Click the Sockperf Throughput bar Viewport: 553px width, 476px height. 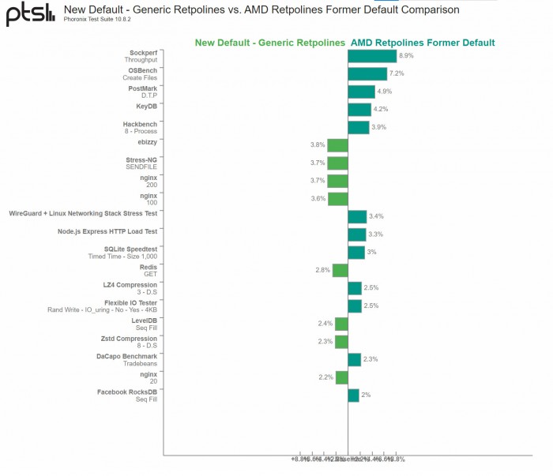(x=372, y=56)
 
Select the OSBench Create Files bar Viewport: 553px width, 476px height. (x=367, y=73)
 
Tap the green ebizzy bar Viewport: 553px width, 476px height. (x=338, y=145)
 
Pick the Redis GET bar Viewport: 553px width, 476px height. (x=340, y=270)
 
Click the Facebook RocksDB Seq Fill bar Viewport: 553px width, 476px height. (x=354, y=395)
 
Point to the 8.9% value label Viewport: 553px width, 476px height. (x=407, y=56)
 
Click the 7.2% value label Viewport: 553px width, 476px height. (x=397, y=73)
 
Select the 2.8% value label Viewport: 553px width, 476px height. (x=322, y=270)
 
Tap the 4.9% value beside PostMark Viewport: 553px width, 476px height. (x=385, y=92)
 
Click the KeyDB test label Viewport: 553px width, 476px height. (x=146, y=106)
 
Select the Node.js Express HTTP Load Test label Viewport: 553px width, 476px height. (x=107, y=231)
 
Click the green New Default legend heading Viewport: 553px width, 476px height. (x=269, y=43)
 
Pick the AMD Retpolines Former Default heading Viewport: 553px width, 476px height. (x=423, y=43)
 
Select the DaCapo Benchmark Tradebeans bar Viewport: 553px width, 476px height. (x=355, y=359)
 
